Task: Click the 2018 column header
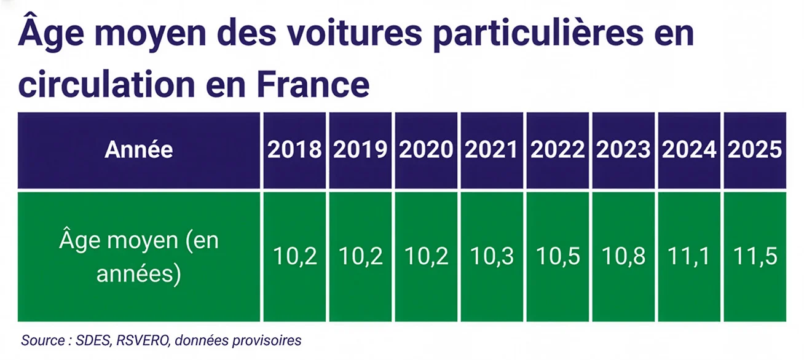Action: pos(294,150)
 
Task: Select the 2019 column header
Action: pos(360,150)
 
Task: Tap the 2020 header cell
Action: pos(426,150)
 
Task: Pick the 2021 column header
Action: pos(492,150)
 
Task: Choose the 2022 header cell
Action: pos(558,150)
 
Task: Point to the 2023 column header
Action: pos(623,150)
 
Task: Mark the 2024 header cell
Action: pos(689,150)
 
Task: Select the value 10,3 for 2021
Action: pos(492,257)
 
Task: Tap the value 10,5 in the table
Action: pos(558,257)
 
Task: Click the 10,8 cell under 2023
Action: pos(623,257)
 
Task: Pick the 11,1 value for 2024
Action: pos(689,257)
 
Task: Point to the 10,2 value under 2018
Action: pos(294,257)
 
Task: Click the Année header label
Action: pos(139,150)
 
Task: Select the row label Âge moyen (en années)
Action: pos(139,257)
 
